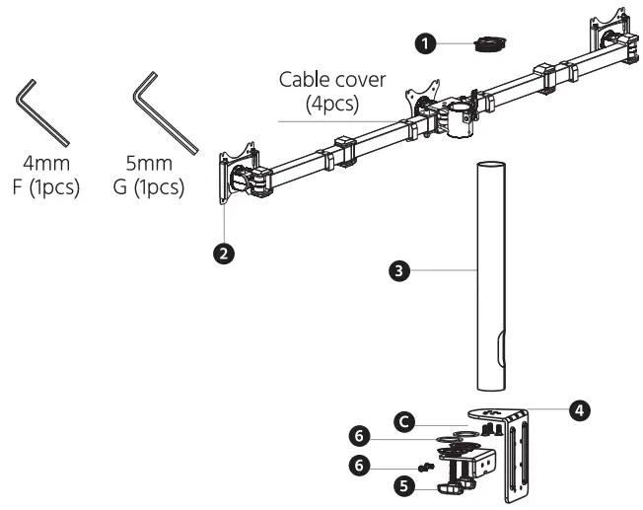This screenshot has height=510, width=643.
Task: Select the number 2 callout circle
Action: pyautogui.click(x=225, y=254)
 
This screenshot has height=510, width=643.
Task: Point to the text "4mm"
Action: pyautogui.click(x=40, y=165)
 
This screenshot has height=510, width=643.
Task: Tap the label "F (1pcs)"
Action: pyautogui.click(x=40, y=187)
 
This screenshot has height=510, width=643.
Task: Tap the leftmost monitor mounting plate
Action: pyautogui.click(x=236, y=175)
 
